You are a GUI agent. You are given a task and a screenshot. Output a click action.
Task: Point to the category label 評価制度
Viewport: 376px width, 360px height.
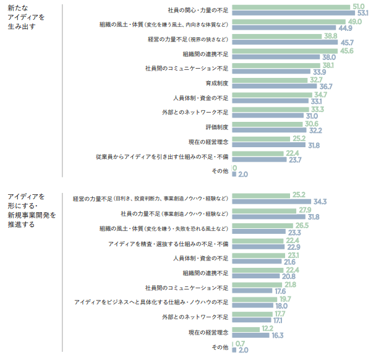point(218,127)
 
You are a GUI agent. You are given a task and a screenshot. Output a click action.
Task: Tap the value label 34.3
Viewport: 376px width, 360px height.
point(320,202)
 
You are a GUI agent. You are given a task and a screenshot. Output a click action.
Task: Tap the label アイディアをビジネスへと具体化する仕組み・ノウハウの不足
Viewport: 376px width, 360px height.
point(152,302)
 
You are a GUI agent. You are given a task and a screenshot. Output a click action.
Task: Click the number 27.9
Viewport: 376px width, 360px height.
point(304,210)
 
